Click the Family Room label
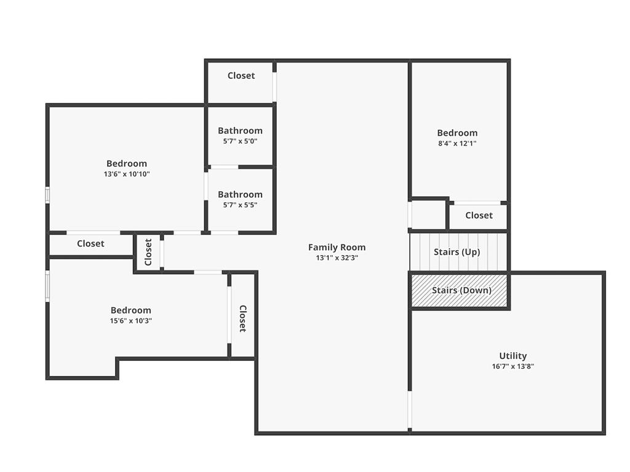(x=337, y=247)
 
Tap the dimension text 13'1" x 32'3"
(x=337, y=258)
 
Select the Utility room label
(x=512, y=356)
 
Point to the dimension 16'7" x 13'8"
(x=512, y=366)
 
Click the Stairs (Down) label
(x=461, y=290)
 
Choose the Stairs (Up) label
(x=457, y=252)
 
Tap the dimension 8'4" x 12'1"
(x=457, y=143)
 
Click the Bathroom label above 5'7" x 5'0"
(x=241, y=130)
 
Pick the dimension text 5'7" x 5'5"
(x=241, y=205)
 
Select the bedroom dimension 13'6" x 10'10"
(x=127, y=174)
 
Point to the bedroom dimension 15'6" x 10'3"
(x=131, y=321)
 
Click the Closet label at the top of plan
(x=241, y=76)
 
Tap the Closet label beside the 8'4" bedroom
(x=479, y=216)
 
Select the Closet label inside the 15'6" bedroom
(x=242, y=319)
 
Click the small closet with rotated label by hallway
(x=148, y=252)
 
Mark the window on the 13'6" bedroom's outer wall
(x=47, y=195)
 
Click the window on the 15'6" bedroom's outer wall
(x=47, y=286)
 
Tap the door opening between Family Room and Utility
(x=410, y=410)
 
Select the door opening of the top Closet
(x=274, y=87)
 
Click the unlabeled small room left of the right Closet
(x=428, y=214)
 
